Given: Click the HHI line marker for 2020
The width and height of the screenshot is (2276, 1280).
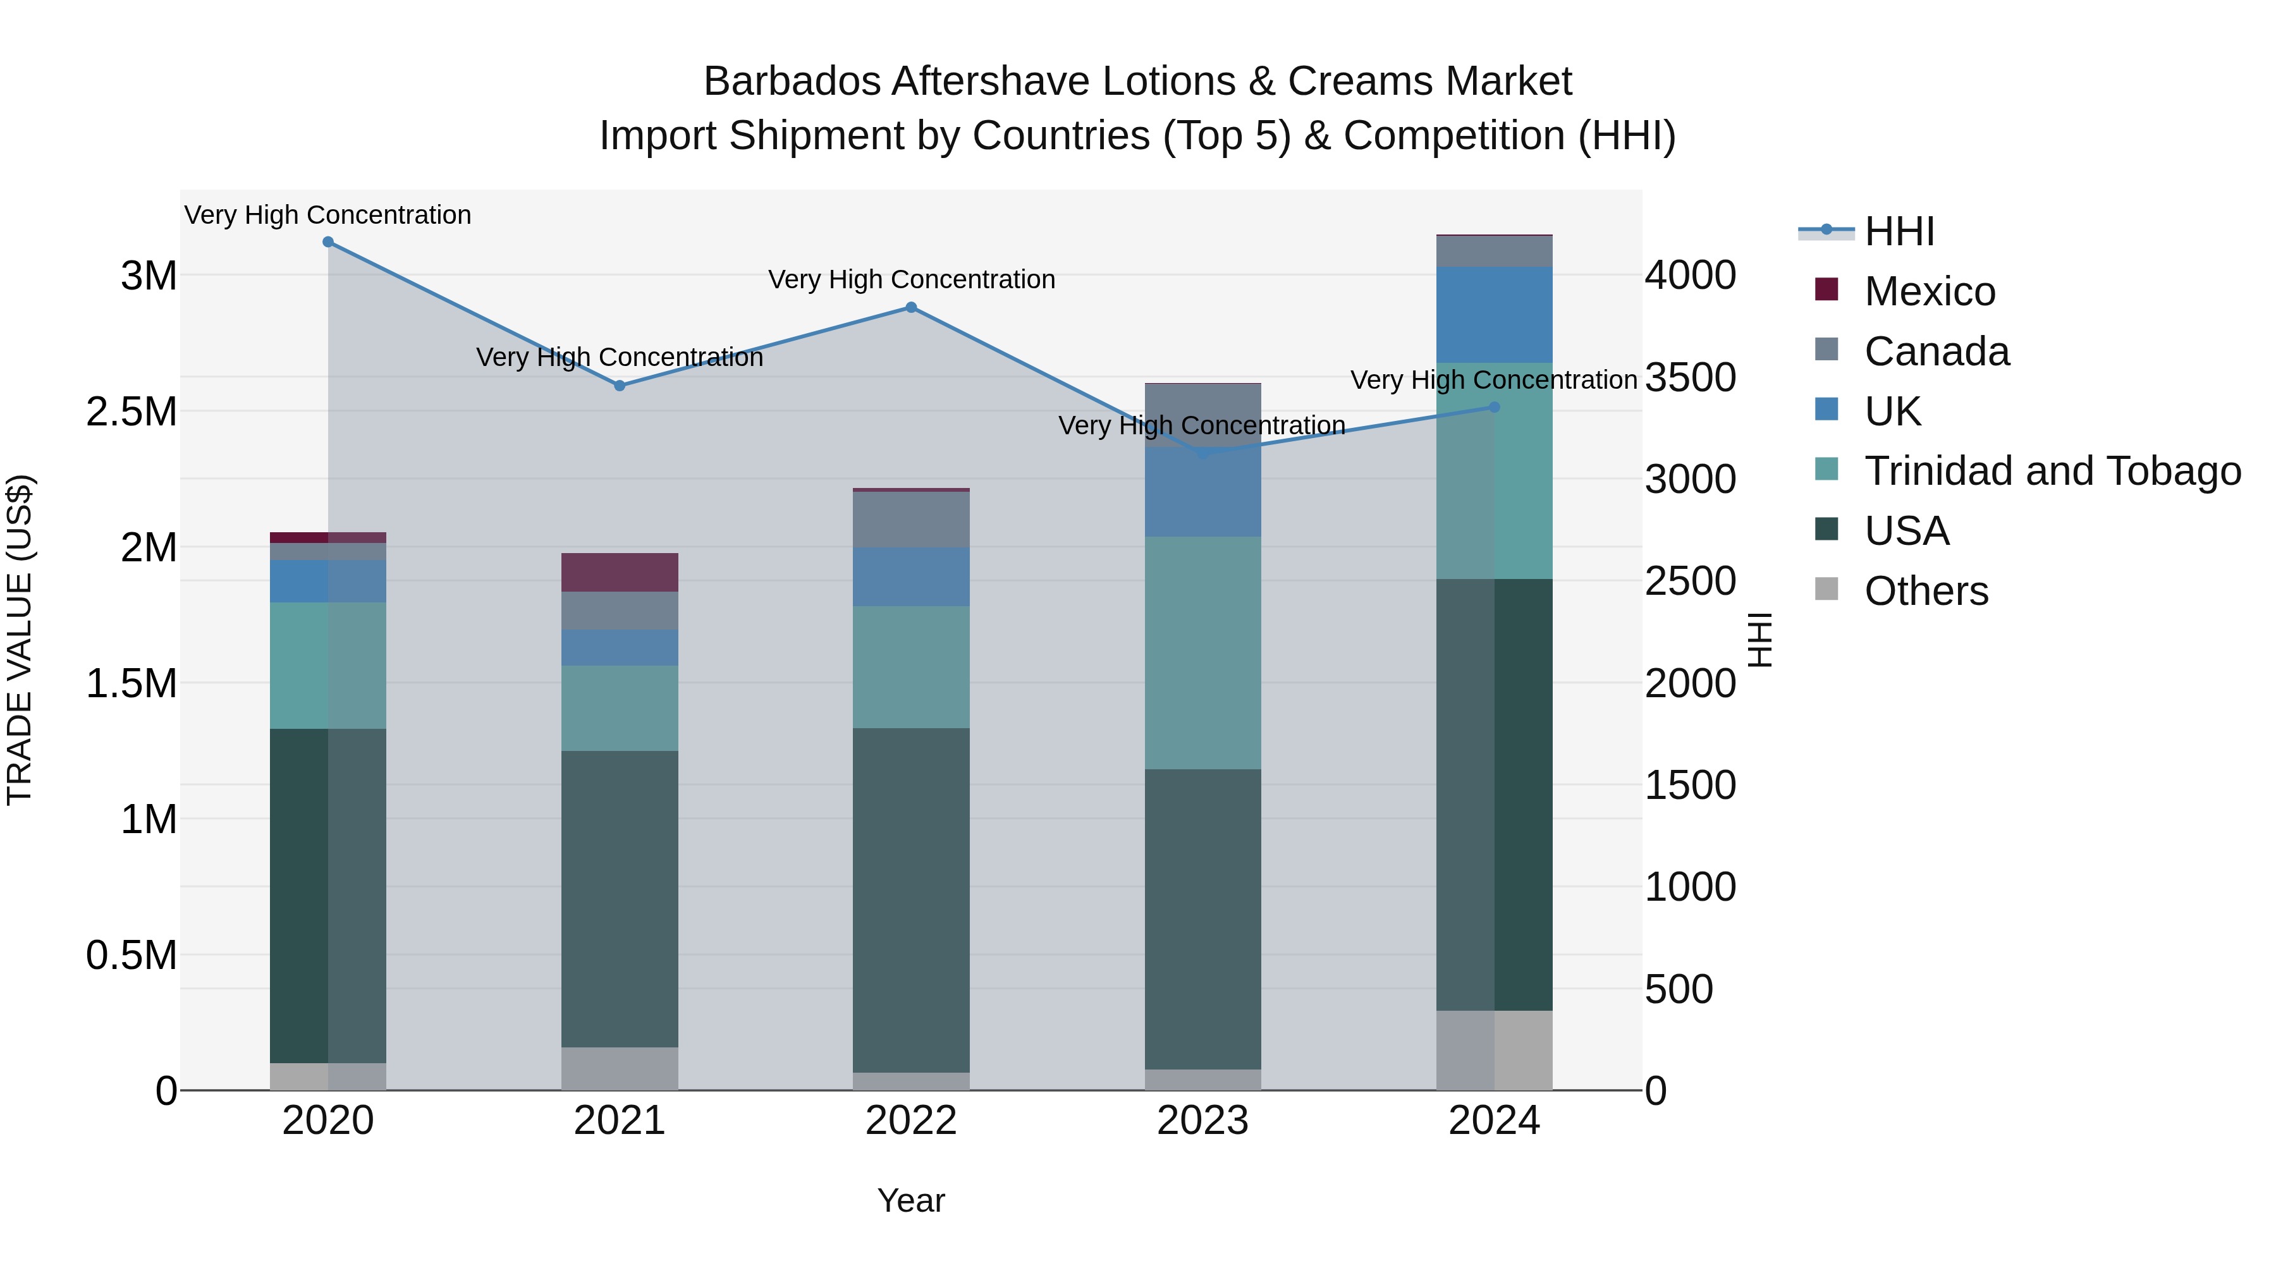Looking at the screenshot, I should [x=327, y=242].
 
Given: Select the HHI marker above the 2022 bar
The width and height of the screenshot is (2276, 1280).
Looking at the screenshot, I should [x=911, y=307].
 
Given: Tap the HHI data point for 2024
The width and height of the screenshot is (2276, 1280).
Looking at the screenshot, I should [x=1494, y=407].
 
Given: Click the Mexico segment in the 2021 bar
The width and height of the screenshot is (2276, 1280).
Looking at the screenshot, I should [x=620, y=573].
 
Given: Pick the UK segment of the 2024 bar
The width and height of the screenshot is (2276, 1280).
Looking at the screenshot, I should [x=1494, y=315].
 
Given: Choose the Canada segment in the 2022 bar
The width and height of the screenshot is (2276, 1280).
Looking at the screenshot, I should [x=911, y=520].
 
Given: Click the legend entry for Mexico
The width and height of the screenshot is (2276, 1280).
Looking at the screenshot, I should [x=1929, y=291].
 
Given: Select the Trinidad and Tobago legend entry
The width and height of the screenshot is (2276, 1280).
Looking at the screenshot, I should [x=2052, y=471].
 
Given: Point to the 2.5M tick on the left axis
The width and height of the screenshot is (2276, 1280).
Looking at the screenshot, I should [x=132, y=411].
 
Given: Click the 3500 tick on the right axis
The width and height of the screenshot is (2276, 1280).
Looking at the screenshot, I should [x=1690, y=377].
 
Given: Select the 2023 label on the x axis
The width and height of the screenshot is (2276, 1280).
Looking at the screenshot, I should [x=1202, y=1121].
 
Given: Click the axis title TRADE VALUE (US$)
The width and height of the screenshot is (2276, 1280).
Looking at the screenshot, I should [x=20, y=640].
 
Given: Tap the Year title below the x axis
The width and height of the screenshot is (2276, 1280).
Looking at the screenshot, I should [x=911, y=1200].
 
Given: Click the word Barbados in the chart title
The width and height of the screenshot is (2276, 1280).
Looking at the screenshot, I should [x=792, y=82].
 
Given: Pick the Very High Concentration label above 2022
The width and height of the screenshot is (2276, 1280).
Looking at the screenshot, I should [x=911, y=280].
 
